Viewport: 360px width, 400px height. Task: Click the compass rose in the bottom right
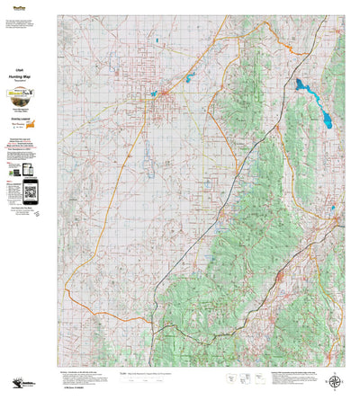337,381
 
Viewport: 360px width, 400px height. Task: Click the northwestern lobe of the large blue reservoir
301,84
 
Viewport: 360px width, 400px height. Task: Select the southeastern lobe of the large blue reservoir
317,115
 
